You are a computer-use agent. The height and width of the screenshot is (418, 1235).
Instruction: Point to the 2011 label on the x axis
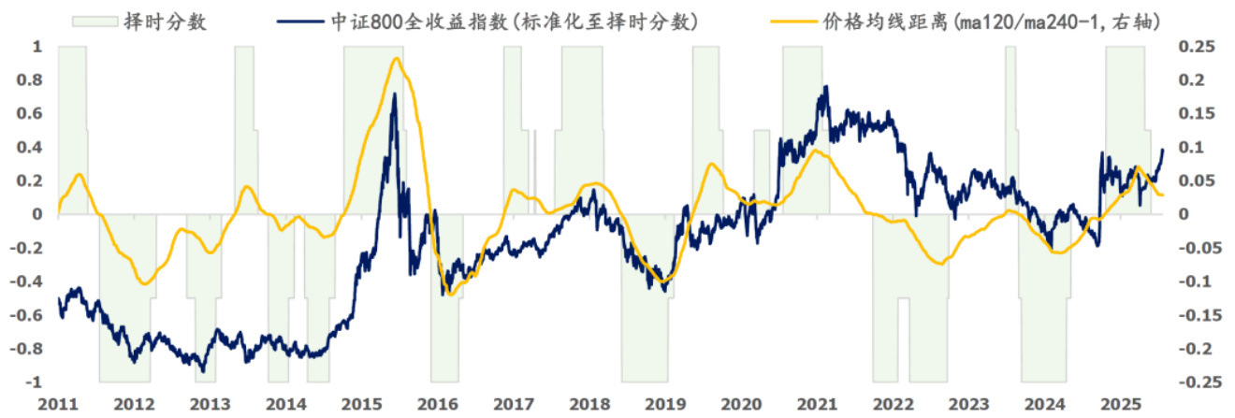57,404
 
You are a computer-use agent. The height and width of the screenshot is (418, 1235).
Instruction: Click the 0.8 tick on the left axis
36,80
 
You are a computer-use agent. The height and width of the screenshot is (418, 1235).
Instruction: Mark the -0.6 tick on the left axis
32,316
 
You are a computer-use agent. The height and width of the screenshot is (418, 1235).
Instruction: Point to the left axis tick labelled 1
38,47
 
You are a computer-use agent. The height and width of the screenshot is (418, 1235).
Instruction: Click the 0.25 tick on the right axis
1191,47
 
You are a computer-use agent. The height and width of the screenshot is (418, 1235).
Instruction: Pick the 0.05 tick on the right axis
1191,181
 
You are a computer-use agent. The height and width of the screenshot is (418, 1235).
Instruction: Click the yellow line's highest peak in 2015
397,58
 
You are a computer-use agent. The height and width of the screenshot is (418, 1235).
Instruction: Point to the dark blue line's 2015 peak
394,94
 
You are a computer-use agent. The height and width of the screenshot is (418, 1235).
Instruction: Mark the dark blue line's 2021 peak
825,86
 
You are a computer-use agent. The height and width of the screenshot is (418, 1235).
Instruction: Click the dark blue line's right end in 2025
1163,149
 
